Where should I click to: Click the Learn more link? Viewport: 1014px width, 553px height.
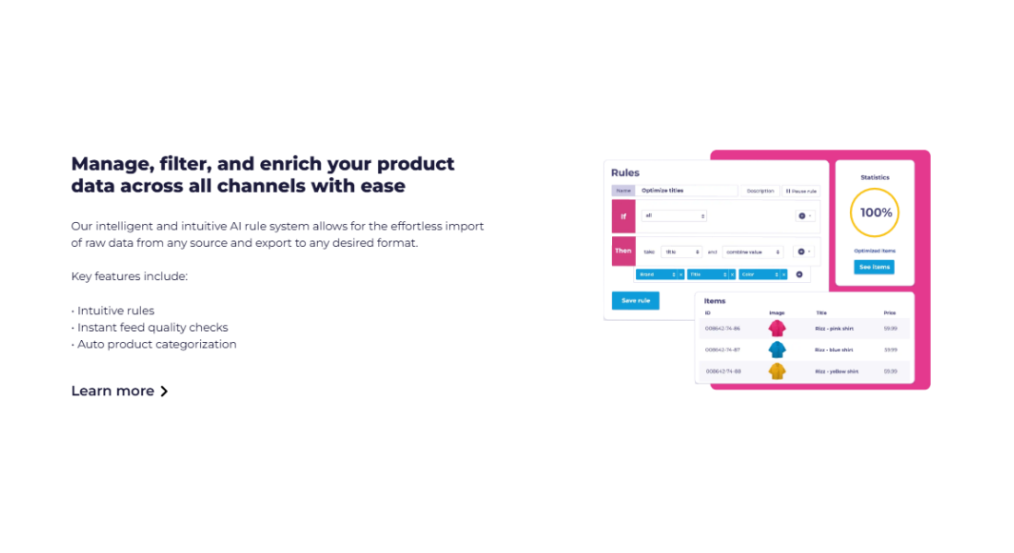[112, 391]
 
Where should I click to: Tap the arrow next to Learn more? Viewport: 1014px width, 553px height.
[164, 391]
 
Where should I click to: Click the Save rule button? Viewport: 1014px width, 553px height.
[635, 300]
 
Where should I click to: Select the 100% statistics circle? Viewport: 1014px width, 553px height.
[875, 212]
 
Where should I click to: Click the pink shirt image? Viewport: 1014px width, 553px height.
[777, 328]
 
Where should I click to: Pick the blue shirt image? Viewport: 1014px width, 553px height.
[777, 349]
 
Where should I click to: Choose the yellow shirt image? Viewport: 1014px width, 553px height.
[777, 371]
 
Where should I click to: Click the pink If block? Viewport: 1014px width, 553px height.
[623, 216]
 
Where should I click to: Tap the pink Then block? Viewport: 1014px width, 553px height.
[623, 251]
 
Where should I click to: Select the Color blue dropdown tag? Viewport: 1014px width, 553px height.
[762, 275]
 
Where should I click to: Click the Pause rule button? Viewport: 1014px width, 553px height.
[800, 191]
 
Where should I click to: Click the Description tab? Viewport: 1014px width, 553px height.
[760, 191]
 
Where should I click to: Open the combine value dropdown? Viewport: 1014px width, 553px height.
[752, 252]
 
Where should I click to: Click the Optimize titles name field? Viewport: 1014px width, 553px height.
[687, 191]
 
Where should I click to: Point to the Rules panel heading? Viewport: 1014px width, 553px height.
[625, 172]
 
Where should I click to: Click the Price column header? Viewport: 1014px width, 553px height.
[890, 313]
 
